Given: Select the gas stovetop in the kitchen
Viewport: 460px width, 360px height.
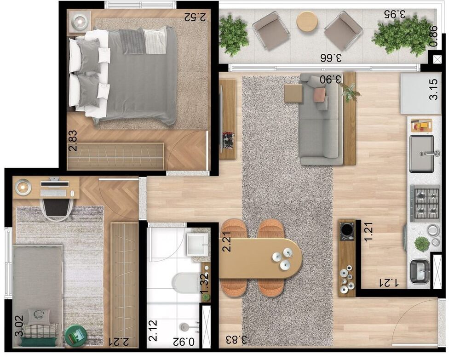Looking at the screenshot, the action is coord(425,203).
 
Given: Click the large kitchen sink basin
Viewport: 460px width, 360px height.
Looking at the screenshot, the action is coord(421,154).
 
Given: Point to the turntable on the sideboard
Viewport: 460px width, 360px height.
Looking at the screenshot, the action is coord(347,231).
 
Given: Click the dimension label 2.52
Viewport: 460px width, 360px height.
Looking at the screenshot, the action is coord(195,17).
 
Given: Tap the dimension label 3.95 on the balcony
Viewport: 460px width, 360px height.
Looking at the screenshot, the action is coord(395,13).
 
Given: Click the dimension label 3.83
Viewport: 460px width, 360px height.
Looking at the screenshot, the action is coord(236,339).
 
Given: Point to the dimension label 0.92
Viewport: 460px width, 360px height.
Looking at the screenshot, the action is coord(184,342).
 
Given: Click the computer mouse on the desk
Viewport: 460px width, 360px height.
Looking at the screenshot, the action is coord(73,194).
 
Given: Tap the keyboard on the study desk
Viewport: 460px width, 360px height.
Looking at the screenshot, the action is coord(53,193).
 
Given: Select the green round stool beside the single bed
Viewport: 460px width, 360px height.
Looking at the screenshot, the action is coord(76,335).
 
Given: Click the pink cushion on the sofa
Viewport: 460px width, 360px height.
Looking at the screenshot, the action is coord(320,94).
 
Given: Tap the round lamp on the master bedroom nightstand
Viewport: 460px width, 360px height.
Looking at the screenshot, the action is coord(80,21).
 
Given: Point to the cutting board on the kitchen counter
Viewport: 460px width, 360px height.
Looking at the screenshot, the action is coord(421,125).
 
